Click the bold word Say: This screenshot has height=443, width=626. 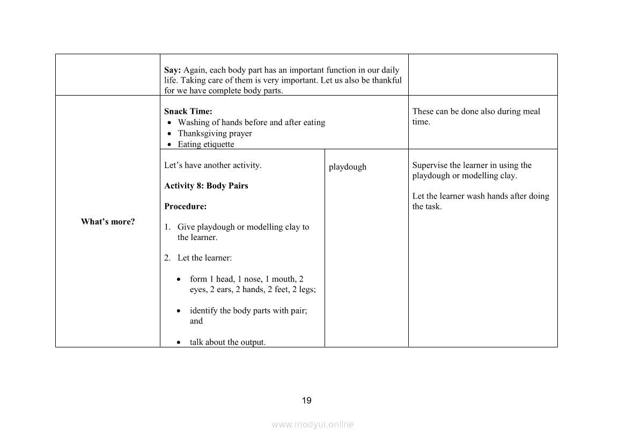click(x=173, y=70)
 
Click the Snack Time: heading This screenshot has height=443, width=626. click(x=188, y=112)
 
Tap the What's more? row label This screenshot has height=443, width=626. click(x=108, y=222)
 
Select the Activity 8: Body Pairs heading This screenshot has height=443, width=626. click(x=206, y=186)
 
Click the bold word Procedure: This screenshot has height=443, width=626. click(x=185, y=206)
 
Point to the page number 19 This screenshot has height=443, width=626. click(x=307, y=401)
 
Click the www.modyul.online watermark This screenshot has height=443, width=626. click(x=313, y=424)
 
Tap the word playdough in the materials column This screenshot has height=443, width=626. click(x=348, y=167)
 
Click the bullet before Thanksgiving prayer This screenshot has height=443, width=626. click(x=170, y=134)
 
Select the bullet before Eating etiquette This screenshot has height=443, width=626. click(x=170, y=144)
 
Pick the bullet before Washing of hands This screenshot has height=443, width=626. click(x=170, y=123)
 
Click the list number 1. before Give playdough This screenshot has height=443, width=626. click(x=167, y=227)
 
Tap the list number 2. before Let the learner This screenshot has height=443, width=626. click(x=167, y=258)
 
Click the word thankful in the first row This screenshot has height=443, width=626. click(x=387, y=81)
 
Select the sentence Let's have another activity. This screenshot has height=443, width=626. click(x=213, y=165)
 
